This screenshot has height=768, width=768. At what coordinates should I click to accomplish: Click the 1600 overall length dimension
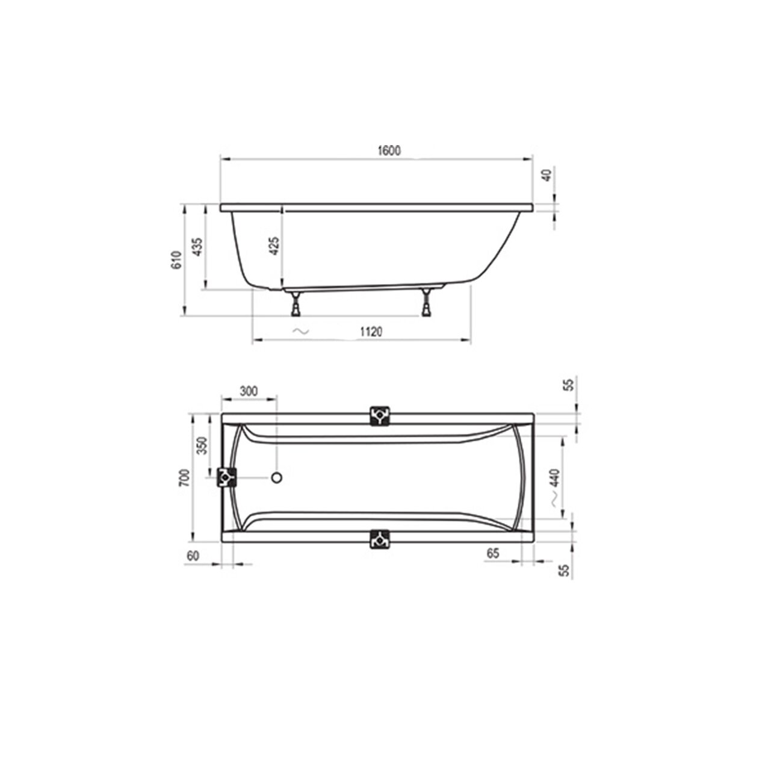(x=389, y=151)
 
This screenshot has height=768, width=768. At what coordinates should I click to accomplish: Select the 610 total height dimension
(x=176, y=260)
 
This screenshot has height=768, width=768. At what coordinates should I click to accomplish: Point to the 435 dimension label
(x=198, y=247)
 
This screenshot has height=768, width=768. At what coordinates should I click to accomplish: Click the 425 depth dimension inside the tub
(x=275, y=246)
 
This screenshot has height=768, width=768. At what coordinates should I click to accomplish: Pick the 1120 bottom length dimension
(x=371, y=332)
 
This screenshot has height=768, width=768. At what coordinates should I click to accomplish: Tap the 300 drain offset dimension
(x=249, y=391)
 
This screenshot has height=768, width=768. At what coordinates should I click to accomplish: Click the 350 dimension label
(x=203, y=445)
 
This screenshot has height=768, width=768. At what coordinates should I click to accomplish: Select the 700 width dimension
(x=185, y=478)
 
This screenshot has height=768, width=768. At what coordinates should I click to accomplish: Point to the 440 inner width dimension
(x=555, y=478)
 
